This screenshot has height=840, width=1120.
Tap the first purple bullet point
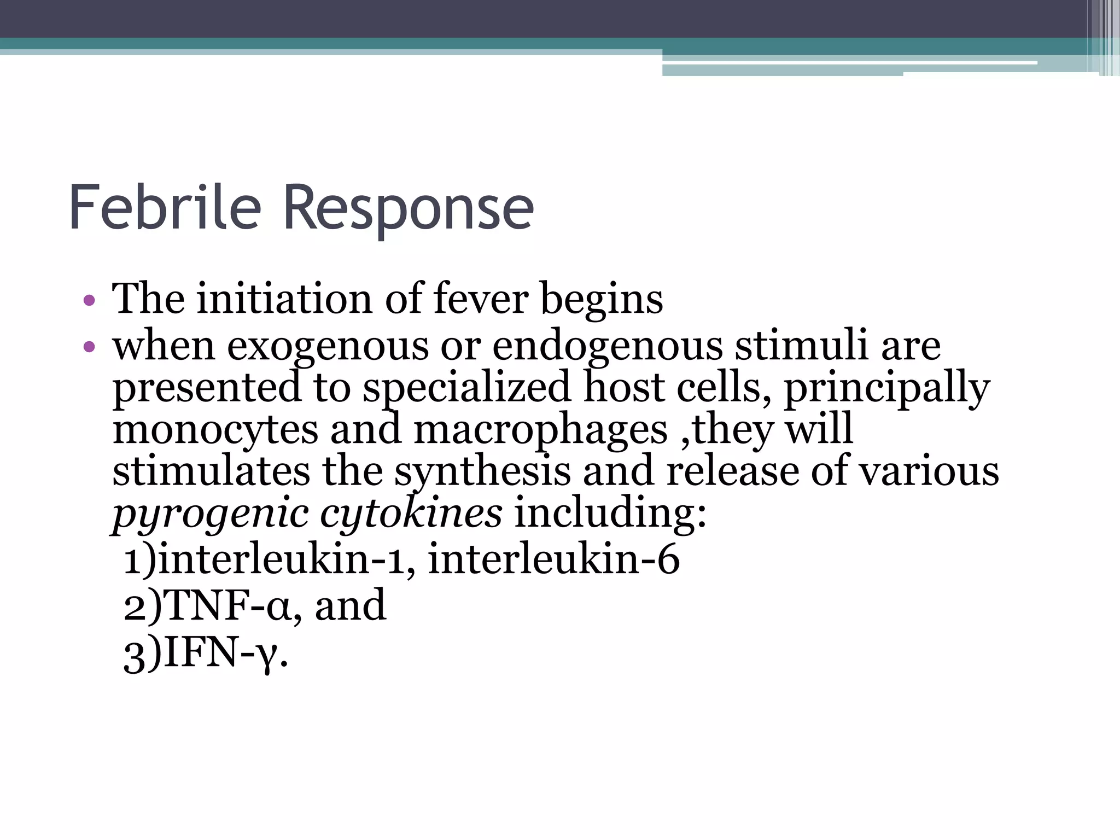coord(89,300)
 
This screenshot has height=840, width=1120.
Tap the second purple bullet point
coord(89,347)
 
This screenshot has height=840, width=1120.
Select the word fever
coord(481,299)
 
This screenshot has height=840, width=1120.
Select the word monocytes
coord(215,430)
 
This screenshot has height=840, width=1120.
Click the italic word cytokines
coord(411,514)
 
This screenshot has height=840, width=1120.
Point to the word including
coord(610,515)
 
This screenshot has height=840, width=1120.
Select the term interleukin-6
coord(553,559)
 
